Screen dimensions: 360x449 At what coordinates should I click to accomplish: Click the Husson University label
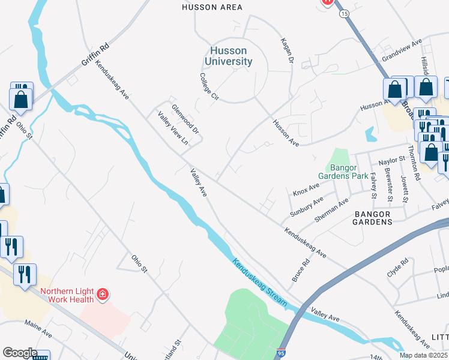click(228, 56)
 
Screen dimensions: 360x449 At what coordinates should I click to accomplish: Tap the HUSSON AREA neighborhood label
click(212, 7)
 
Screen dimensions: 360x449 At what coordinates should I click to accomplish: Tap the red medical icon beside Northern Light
click(103, 294)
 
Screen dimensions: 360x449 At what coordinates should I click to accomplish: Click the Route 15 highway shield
click(343, 13)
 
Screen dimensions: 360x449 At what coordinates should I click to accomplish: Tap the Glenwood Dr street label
click(184, 119)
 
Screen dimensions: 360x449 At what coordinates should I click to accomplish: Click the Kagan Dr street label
click(286, 52)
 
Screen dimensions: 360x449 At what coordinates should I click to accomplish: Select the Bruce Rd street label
click(301, 271)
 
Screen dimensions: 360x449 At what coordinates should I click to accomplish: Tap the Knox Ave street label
click(306, 189)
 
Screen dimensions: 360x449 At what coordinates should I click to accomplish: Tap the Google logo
click(20, 353)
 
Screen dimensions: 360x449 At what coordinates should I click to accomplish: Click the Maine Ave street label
click(38, 327)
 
